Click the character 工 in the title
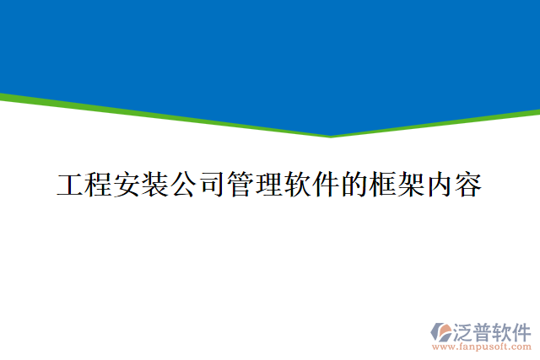(x=71, y=185)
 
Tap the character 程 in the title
(x=100, y=185)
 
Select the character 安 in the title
(x=127, y=185)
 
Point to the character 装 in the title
(x=156, y=185)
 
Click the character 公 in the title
(x=185, y=185)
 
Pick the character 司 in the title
(x=213, y=185)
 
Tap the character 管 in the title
(x=241, y=185)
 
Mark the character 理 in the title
(x=270, y=185)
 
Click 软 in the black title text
(x=299, y=185)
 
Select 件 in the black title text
(x=327, y=185)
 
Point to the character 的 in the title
(x=355, y=185)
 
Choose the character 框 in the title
(x=384, y=185)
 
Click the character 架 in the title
(x=412, y=185)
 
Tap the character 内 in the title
(x=440, y=185)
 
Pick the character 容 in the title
(x=469, y=185)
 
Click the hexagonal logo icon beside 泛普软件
(x=441, y=331)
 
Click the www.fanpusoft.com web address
(x=482, y=347)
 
